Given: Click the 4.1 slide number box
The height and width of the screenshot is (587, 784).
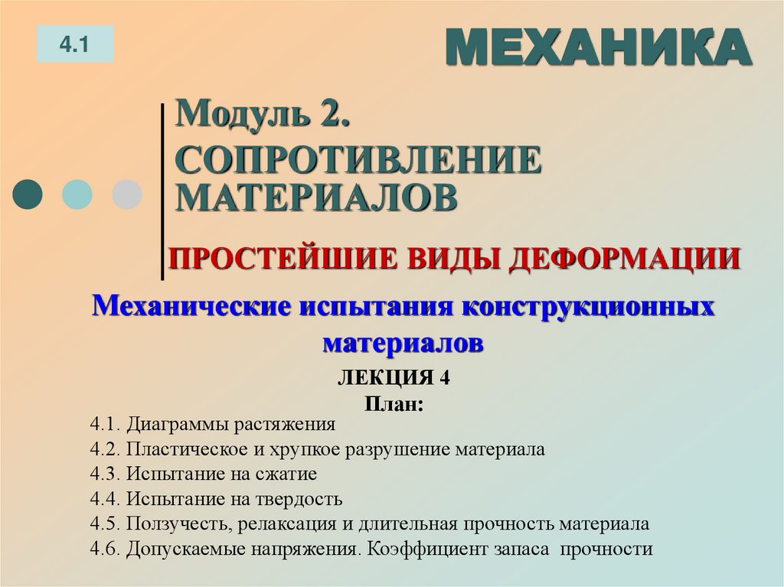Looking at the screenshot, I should (74, 44).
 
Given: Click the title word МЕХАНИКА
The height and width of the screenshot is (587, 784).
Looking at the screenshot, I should (597, 49).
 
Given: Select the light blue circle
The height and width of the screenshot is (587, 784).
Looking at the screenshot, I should (77, 194).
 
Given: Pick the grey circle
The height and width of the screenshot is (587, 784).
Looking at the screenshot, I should (126, 194).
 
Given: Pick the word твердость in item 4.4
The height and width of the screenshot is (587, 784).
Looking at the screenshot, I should (303, 499).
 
